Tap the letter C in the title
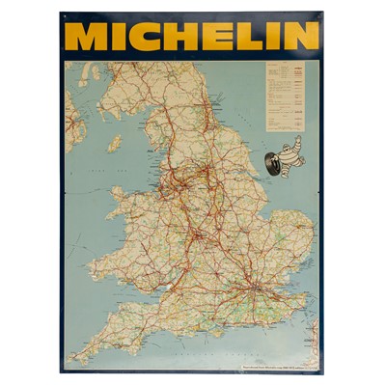[146, 37]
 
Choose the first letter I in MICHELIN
[118, 37]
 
